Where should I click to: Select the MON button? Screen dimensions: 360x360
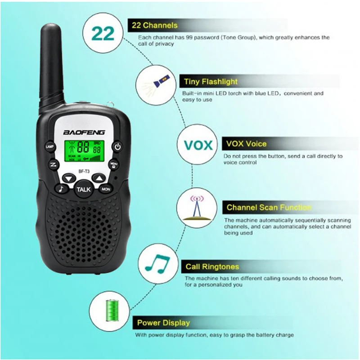(106, 189)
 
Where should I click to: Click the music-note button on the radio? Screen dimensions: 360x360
(60, 189)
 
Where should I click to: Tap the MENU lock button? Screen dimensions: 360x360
(114, 164)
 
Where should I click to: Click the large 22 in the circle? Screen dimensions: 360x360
(103, 34)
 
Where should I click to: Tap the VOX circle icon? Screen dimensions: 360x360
(198, 146)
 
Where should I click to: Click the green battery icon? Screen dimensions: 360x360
(109, 311)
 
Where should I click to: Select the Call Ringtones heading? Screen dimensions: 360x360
(212, 267)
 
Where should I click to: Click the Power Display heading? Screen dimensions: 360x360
(163, 323)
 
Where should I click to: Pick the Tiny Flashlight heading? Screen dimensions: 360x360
(211, 82)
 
